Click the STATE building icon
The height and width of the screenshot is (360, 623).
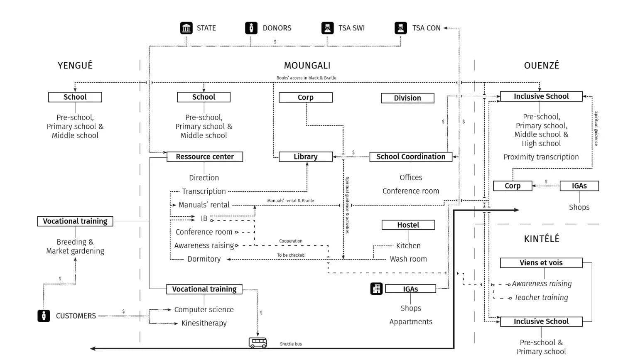coord(186,28)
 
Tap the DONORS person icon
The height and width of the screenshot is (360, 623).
coord(251,28)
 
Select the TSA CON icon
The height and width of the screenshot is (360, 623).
coord(400,28)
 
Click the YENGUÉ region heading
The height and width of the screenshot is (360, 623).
coord(75,65)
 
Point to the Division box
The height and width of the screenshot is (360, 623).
coord(407,98)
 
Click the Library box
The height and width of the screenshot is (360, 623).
coord(305,157)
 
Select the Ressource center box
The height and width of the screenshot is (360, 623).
coord(204,157)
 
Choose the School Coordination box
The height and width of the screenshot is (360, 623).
coord(410,157)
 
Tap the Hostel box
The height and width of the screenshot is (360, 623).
coord(408,225)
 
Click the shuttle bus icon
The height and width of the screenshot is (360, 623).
coord(258,343)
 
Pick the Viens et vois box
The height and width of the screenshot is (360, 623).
coord(541,263)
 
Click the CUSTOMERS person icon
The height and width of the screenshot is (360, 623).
coord(44,316)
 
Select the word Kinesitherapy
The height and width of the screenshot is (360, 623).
coord(204,323)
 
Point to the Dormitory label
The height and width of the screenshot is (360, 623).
coord(204,259)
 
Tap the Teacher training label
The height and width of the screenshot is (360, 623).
coord(541,297)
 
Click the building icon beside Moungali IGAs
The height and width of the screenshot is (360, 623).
coord(376,289)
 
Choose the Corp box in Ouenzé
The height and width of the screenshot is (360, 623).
coord(512,186)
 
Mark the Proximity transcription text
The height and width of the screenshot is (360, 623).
coord(541,157)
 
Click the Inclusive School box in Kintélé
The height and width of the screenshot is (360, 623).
coord(541,321)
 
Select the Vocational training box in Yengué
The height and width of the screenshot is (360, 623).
coord(75,221)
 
